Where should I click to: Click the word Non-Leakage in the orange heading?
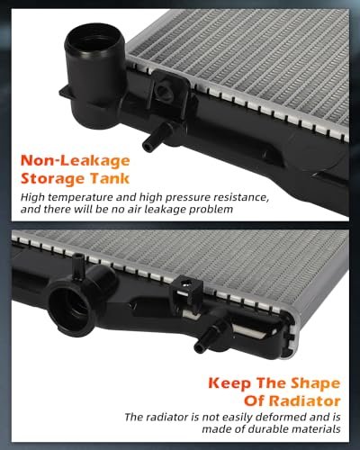point(75,160)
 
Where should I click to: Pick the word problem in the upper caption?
point(211,210)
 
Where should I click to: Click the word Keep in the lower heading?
point(229,383)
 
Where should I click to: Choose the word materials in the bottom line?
point(317,429)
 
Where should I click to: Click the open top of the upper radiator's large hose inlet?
point(94,39)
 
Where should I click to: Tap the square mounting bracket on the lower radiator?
point(186,291)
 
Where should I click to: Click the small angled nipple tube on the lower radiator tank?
point(208,338)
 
